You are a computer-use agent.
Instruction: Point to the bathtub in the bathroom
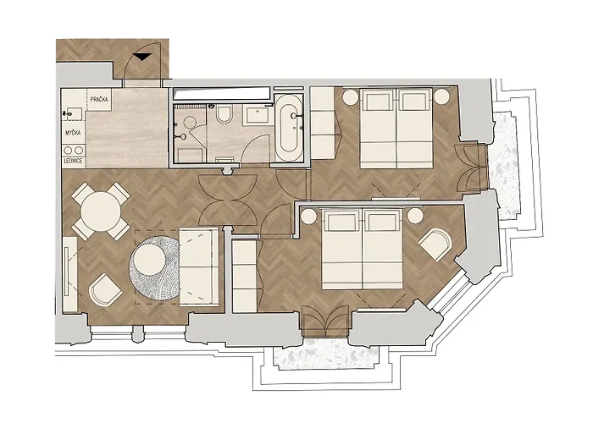click(x=288, y=129)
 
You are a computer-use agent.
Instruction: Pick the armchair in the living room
click(x=106, y=289)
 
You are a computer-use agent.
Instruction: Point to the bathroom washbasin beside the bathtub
click(x=255, y=113)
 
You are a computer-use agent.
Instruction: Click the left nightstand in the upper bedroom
click(x=348, y=97)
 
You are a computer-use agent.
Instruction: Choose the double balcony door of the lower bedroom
click(x=325, y=320)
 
